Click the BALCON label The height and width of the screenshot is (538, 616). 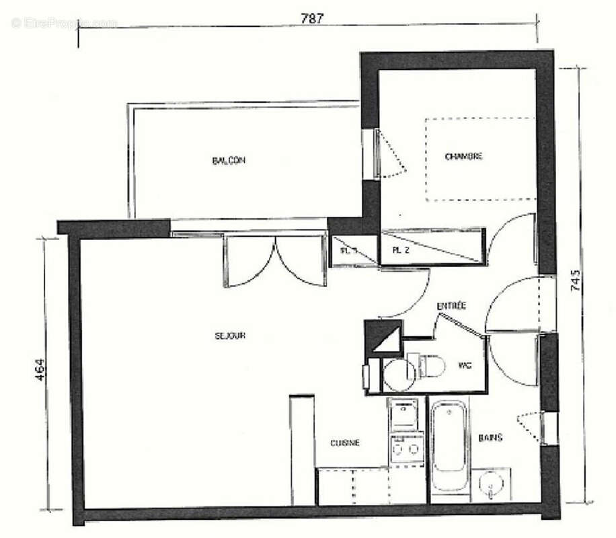(x=229, y=161)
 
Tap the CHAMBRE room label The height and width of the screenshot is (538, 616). (x=463, y=157)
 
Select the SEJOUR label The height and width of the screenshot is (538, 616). (x=230, y=336)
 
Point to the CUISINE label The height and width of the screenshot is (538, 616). (x=345, y=443)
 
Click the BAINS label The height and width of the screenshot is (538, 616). (x=490, y=438)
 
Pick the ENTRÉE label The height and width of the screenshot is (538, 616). (x=451, y=306)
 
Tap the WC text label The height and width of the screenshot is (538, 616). (x=463, y=365)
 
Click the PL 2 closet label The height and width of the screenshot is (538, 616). (x=401, y=252)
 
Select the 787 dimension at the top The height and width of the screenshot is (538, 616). (x=312, y=19)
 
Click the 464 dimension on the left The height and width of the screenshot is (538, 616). (x=40, y=371)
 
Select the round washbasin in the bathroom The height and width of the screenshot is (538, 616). (x=488, y=484)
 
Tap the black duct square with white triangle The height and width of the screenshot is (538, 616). (x=384, y=336)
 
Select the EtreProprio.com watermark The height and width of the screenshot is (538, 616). (x=64, y=23)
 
